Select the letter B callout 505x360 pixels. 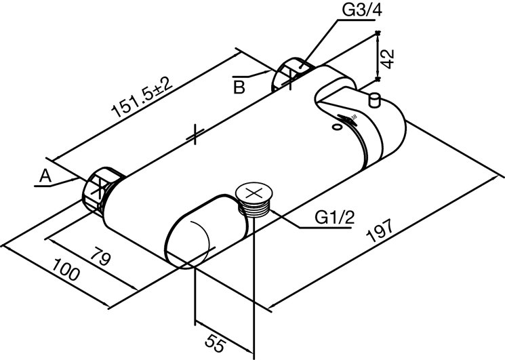point(239,86)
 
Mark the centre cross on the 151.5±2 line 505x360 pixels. point(194,134)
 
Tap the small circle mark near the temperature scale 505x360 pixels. point(337,125)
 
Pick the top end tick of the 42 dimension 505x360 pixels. point(378,33)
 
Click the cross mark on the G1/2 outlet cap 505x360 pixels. point(255,193)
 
